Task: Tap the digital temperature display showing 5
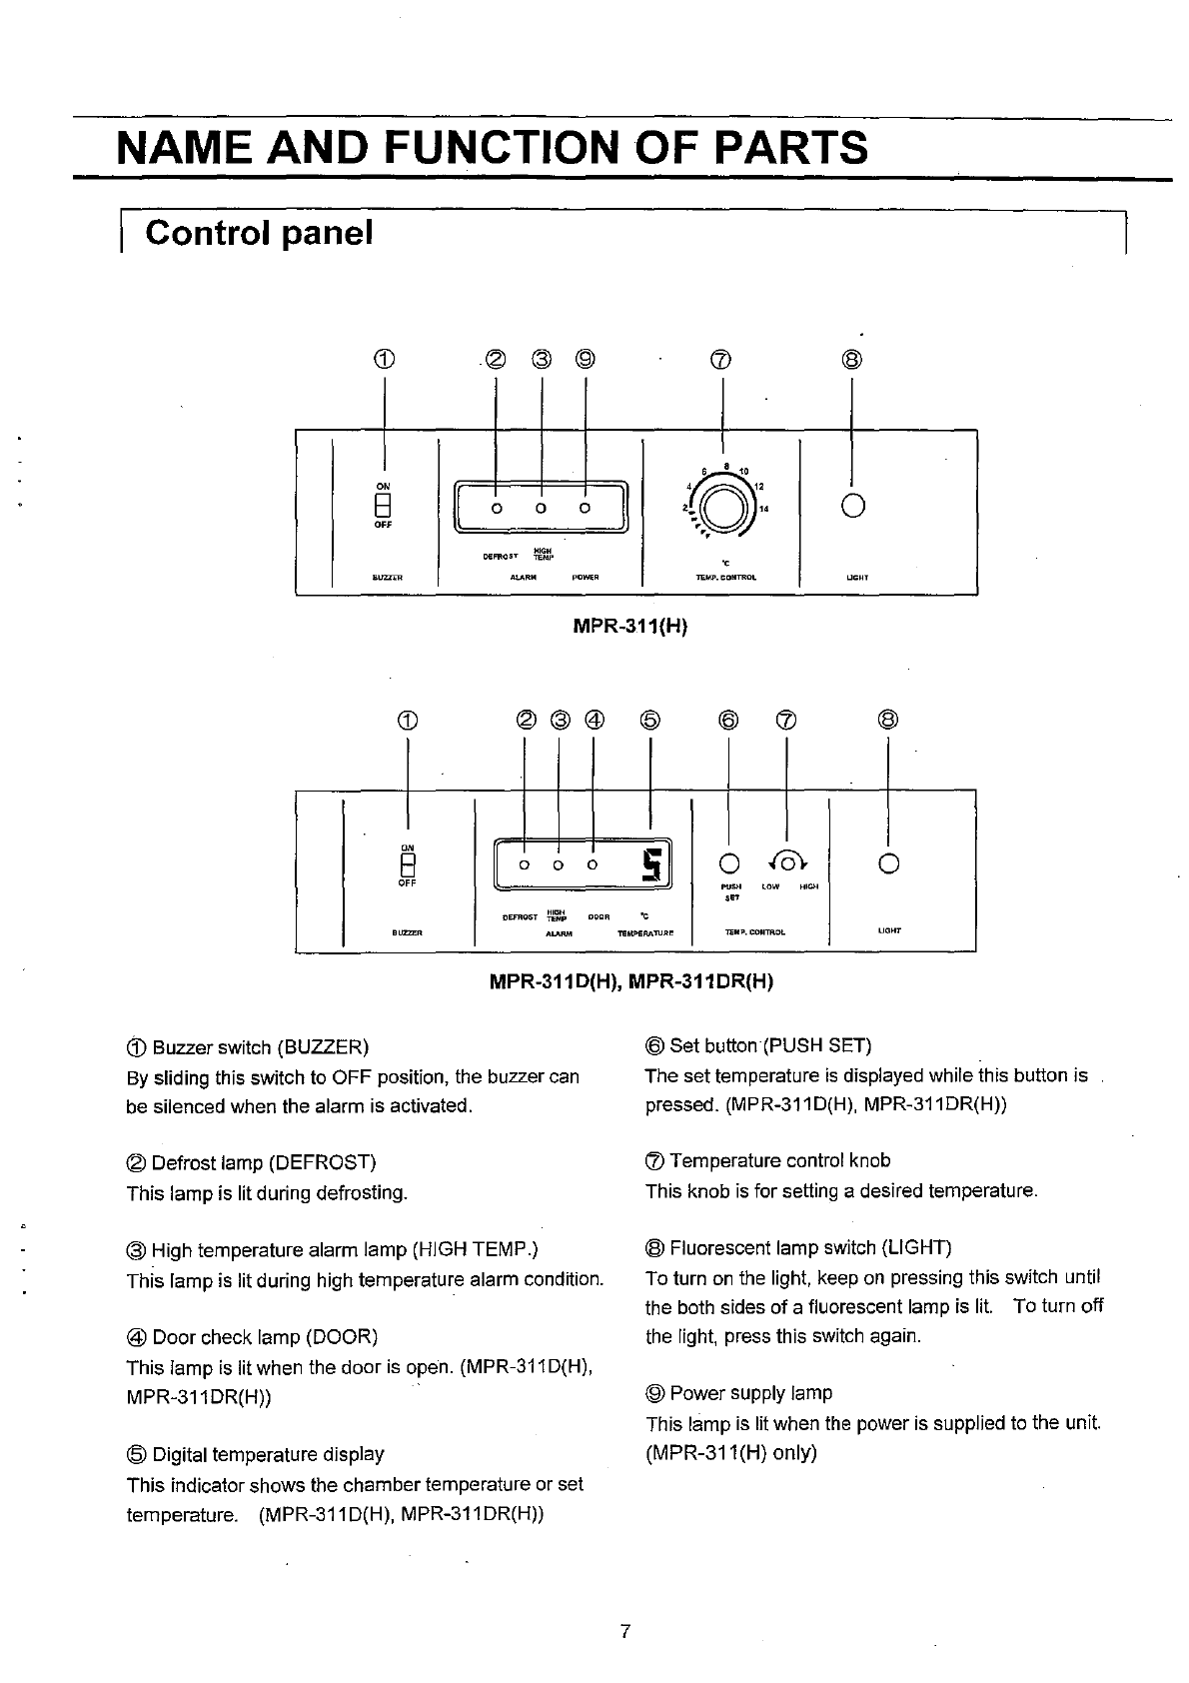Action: [x=653, y=863]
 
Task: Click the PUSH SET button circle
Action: [x=730, y=862]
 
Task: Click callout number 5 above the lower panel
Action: [x=650, y=720]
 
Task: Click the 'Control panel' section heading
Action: [x=259, y=233]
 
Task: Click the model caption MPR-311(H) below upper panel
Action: [x=630, y=627]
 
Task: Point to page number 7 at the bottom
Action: [x=623, y=1632]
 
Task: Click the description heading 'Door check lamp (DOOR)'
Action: [x=264, y=1337]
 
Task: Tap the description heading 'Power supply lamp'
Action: [x=750, y=1393]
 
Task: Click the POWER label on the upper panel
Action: [x=586, y=578]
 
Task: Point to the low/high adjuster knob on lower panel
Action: [x=789, y=862]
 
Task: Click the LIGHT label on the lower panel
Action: [x=889, y=931]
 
